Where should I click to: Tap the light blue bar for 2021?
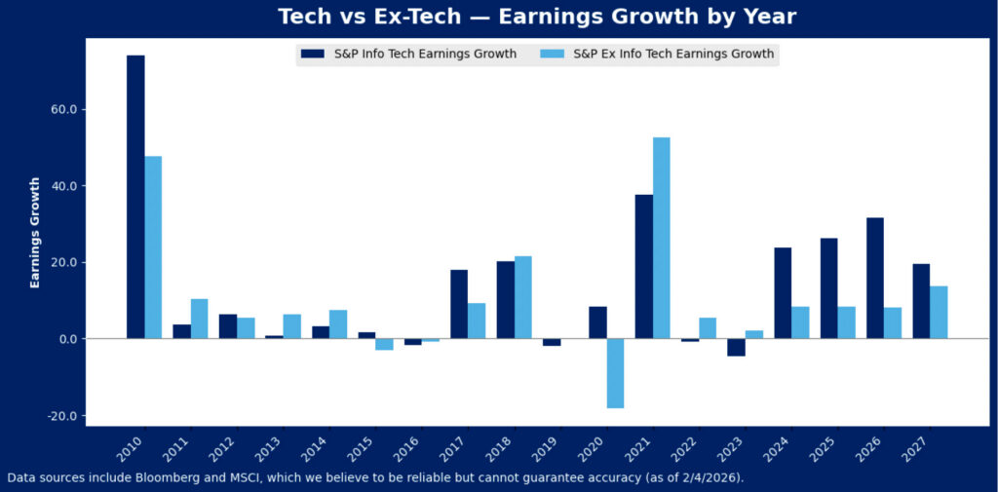pos(661,238)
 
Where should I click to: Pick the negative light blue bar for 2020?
pos(614,373)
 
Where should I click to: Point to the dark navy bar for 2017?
pos(459,304)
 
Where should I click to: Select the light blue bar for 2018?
pos(522,297)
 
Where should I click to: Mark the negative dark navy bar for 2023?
pos(736,347)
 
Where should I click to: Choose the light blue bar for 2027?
pos(939,313)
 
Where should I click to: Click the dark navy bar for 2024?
pos(783,293)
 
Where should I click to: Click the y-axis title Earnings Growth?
pos(36,233)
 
